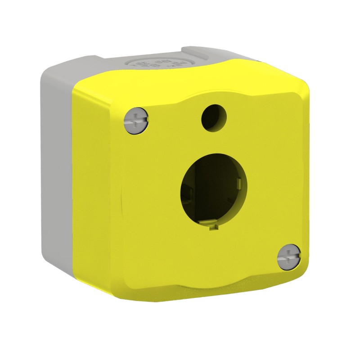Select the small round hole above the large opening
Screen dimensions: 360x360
click(211, 117)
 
